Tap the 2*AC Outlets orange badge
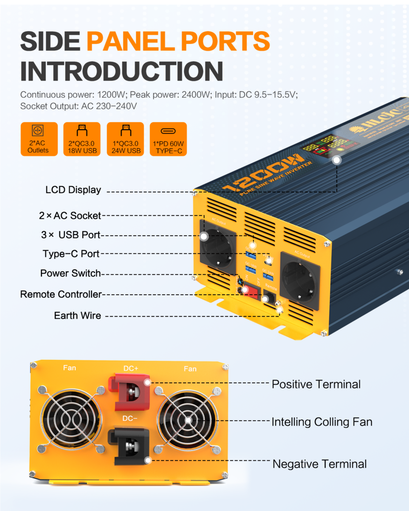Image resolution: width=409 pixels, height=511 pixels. (x=38, y=139)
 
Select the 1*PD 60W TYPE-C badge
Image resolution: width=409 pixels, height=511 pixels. (x=169, y=139)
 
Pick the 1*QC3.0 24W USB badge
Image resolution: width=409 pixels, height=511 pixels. (x=125, y=139)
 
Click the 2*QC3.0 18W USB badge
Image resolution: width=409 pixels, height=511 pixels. (x=82, y=139)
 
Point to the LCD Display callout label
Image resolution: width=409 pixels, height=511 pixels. (x=73, y=190)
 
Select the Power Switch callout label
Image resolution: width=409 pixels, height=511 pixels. (x=71, y=273)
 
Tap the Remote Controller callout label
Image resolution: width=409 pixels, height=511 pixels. (x=61, y=294)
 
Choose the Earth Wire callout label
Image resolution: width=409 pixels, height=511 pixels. (x=77, y=315)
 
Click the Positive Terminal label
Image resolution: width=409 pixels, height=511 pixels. (x=316, y=384)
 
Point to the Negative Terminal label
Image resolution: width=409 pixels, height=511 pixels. (x=320, y=464)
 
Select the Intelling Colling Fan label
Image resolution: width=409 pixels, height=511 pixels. (x=322, y=422)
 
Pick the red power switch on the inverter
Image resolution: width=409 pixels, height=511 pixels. (x=251, y=291)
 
